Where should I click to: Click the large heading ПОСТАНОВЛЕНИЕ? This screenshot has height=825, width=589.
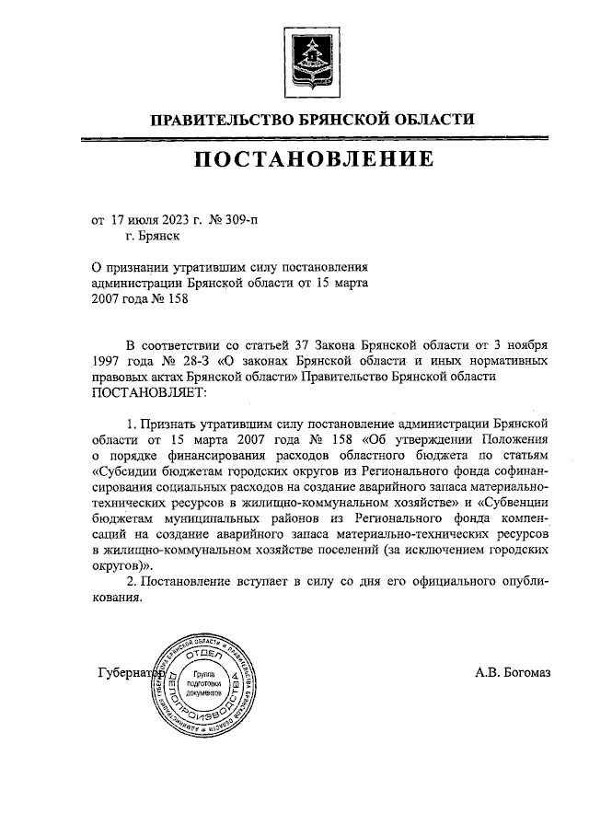(x=313, y=158)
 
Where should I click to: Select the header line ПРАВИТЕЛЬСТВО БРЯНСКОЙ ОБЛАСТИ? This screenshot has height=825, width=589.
(x=313, y=120)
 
